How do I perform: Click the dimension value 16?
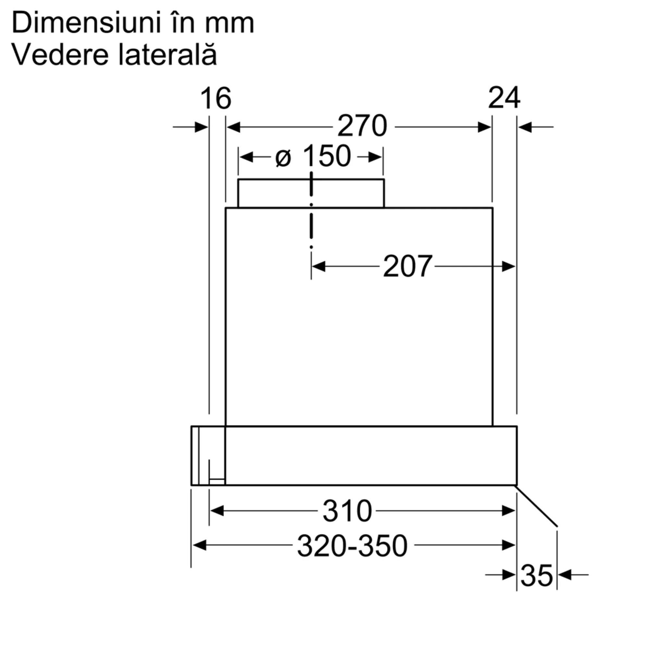point(216,98)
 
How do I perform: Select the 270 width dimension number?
point(362,126)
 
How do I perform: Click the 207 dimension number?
point(407,266)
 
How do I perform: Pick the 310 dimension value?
point(347,511)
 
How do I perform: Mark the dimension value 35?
point(536,575)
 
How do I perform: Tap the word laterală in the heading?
point(167,55)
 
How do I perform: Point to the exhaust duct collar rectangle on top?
point(311,193)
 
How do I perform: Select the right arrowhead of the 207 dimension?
point(508,266)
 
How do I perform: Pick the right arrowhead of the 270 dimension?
point(484,127)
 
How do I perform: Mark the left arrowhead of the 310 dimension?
point(217,511)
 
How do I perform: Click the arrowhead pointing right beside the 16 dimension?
point(201,127)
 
